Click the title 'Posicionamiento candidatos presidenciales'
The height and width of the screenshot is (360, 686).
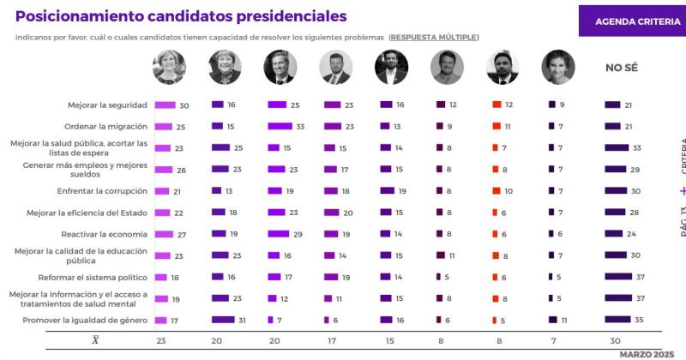click(x=182, y=16)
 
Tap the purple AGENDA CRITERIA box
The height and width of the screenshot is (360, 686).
click(x=631, y=21)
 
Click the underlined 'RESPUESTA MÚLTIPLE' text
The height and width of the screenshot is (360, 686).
click(x=434, y=37)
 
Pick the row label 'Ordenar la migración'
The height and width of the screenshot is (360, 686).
click(x=106, y=126)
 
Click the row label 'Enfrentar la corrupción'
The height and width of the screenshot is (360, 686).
click(x=101, y=190)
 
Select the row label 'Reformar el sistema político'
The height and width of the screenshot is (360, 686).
click(x=93, y=277)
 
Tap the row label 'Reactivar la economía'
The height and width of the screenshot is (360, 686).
click(x=105, y=233)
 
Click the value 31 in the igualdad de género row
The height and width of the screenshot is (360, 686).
click(x=242, y=320)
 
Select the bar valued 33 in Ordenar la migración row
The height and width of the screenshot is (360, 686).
click(x=280, y=126)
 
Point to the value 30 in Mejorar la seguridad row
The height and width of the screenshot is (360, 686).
click(x=184, y=105)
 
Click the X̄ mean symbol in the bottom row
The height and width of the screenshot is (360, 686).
click(x=95, y=339)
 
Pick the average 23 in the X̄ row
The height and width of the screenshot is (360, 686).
click(x=163, y=339)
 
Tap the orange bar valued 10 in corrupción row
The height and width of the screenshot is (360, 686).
click(x=496, y=190)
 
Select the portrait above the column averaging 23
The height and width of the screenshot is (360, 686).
click(x=169, y=68)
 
